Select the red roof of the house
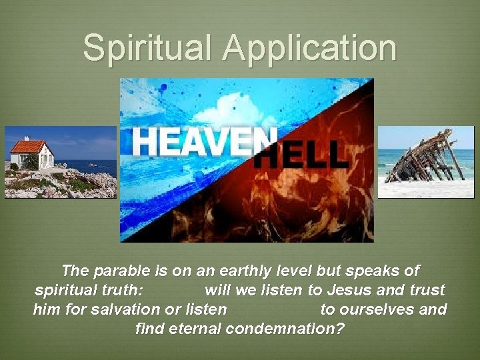tap(28, 146)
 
